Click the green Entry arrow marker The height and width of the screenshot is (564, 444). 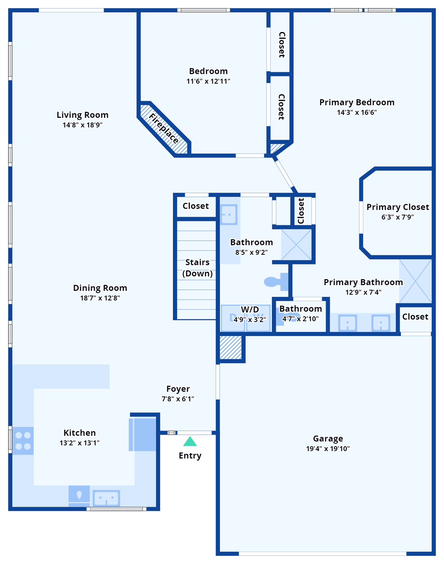pyautogui.click(x=190, y=441)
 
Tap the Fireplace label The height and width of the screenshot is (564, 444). pyautogui.click(x=164, y=129)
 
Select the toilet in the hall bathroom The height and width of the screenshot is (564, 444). pyautogui.click(x=276, y=281)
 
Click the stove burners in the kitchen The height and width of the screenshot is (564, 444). pyautogui.click(x=23, y=441)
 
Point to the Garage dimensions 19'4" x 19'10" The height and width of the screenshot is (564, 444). pyautogui.click(x=328, y=449)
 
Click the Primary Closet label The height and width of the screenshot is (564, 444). pyautogui.click(x=397, y=207)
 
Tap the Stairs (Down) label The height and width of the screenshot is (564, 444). pyautogui.click(x=197, y=268)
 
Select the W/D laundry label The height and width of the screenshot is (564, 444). pyautogui.click(x=250, y=310)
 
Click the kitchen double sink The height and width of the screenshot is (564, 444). pyautogui.click(x=106, y=498)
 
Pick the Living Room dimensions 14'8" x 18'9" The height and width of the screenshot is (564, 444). pyautogui.click(x=82, y=125)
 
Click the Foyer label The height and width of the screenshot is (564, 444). pyautogui.click(x=178, y=389)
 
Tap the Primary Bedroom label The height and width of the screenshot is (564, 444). pyautogui.click(x=357, y=102)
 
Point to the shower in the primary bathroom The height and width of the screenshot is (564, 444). pyautogui.click(x=415, y=281)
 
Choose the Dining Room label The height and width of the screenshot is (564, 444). pyautogui.click(x=100, y=288)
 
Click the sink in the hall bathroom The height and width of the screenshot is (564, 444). pyautogui.click(x=228, y=214)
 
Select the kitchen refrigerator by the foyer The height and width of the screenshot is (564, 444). pyautogui.click(x=142, y=434)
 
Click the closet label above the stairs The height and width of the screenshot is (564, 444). pyautogui.click(x=196, y=206)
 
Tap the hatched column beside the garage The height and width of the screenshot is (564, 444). pyautogui.click(x=231, y=347)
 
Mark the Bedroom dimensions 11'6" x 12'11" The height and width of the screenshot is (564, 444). pyautogui.click(x=208, y=82)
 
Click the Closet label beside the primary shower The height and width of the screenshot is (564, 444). pyautogui.click(x=415, y=317)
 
